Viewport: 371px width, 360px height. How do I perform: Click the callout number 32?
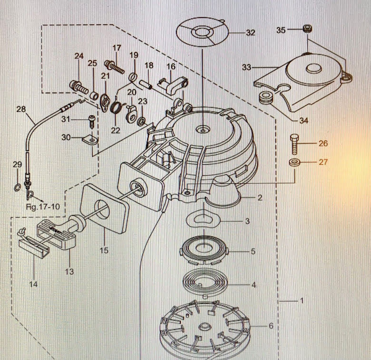pos(251,33)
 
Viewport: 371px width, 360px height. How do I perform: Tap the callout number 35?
pos(281,30)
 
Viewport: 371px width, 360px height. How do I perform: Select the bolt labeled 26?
pos(294,142)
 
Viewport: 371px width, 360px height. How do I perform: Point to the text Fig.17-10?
pos(43,207)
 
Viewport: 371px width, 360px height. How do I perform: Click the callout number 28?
pos(20,109)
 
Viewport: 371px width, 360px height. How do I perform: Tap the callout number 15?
pos(104,250)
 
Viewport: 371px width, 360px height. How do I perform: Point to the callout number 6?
pos(271,326)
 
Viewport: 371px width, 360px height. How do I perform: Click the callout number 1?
pos(301,300)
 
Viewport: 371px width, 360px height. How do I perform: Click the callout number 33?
pos(246,68)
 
